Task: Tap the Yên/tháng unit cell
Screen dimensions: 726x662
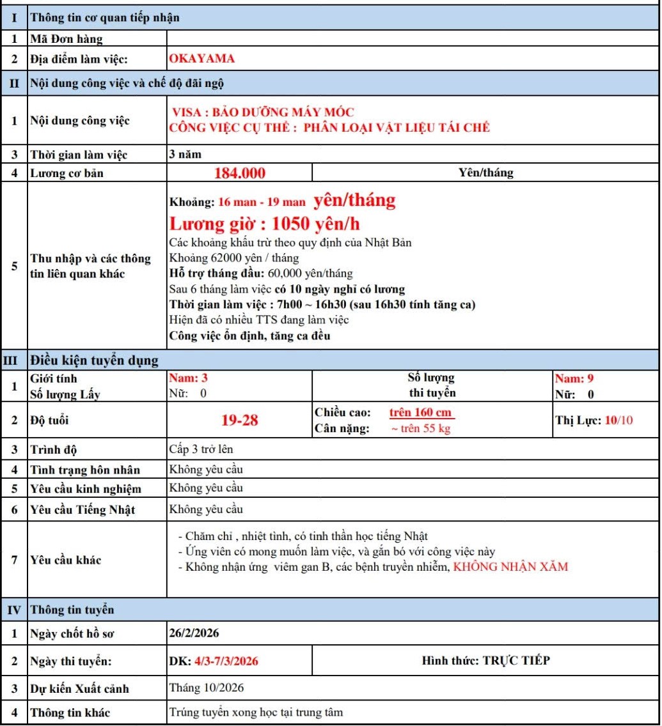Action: pos(485,173)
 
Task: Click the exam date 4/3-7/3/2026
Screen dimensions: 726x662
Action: pos(226,661)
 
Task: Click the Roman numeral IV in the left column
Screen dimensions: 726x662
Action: pos(13,610)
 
